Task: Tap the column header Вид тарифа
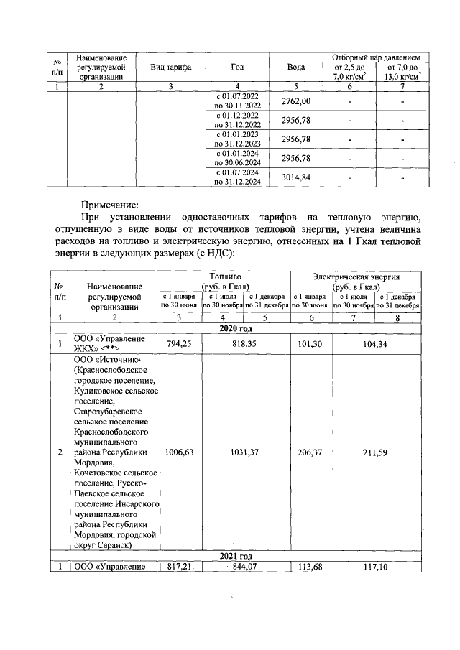coord(170,67)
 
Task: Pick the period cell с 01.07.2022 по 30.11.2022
coord(238,102)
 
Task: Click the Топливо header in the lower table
coord(224,276)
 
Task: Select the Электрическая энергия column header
coord(355,276)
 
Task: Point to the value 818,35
coord(245,343)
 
